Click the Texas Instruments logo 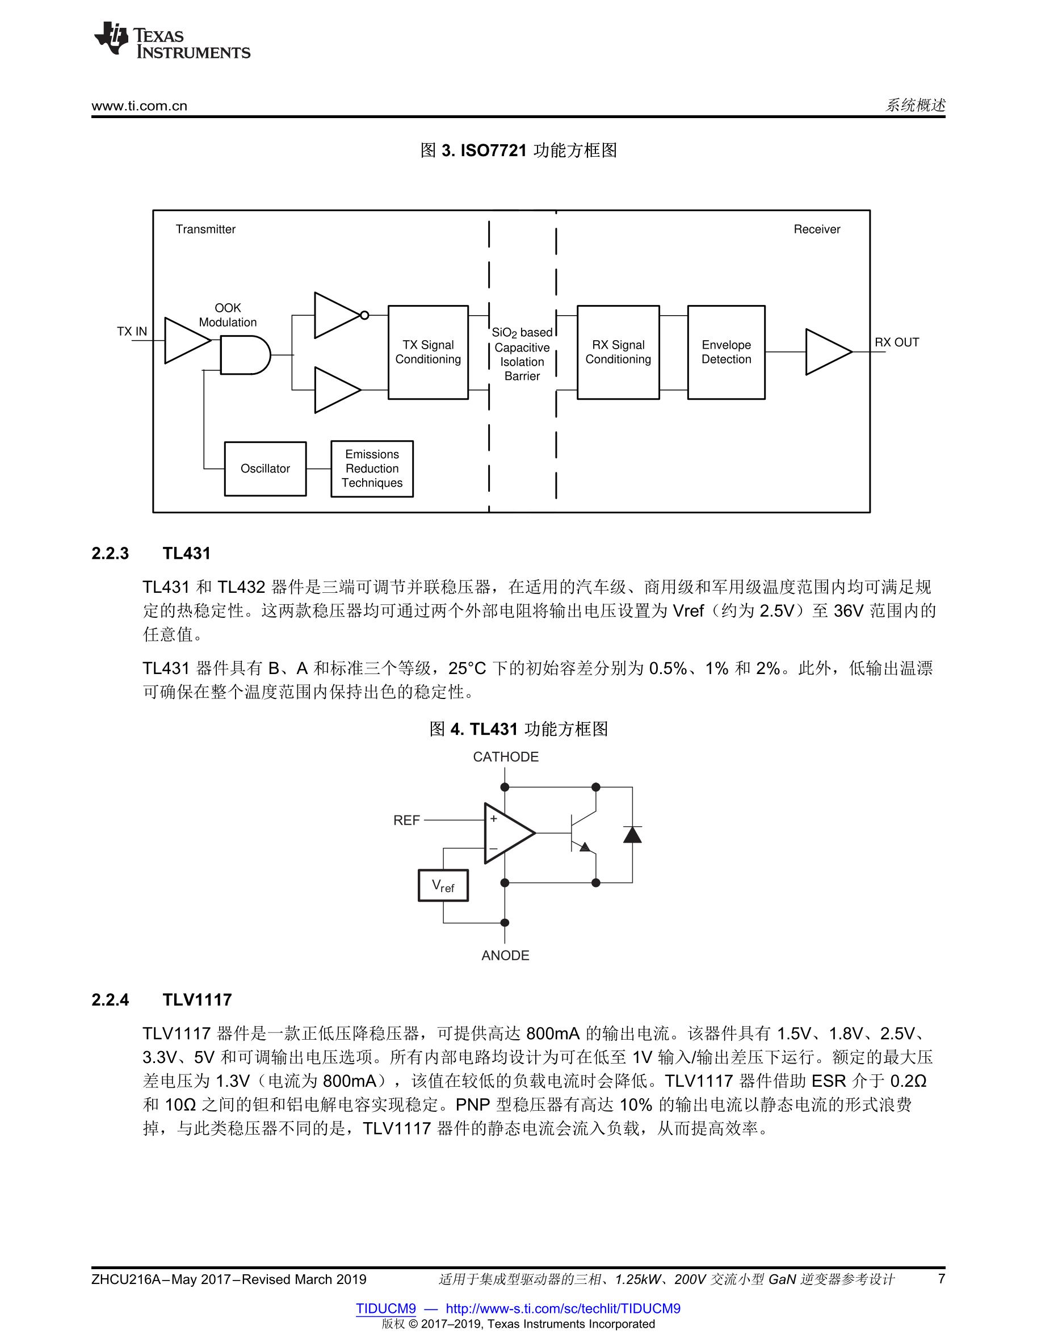click(172, 40)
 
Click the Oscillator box click(265, 468)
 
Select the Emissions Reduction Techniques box click(372, 468)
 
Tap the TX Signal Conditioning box click(428, 352)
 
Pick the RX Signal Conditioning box click(618, 352)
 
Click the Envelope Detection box click(726, 352)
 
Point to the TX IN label click(132, 332)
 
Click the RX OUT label click(897, 342)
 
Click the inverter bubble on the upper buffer click(364, 316)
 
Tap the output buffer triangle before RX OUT click(829, 352)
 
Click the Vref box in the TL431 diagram click(443, 885)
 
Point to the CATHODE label click(505, 757)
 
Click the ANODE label click(505, 955)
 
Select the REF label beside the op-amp click(406, 821)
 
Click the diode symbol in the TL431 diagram click(632, 834)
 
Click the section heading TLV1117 click(198, 999)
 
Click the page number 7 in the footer click(941, 1279)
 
